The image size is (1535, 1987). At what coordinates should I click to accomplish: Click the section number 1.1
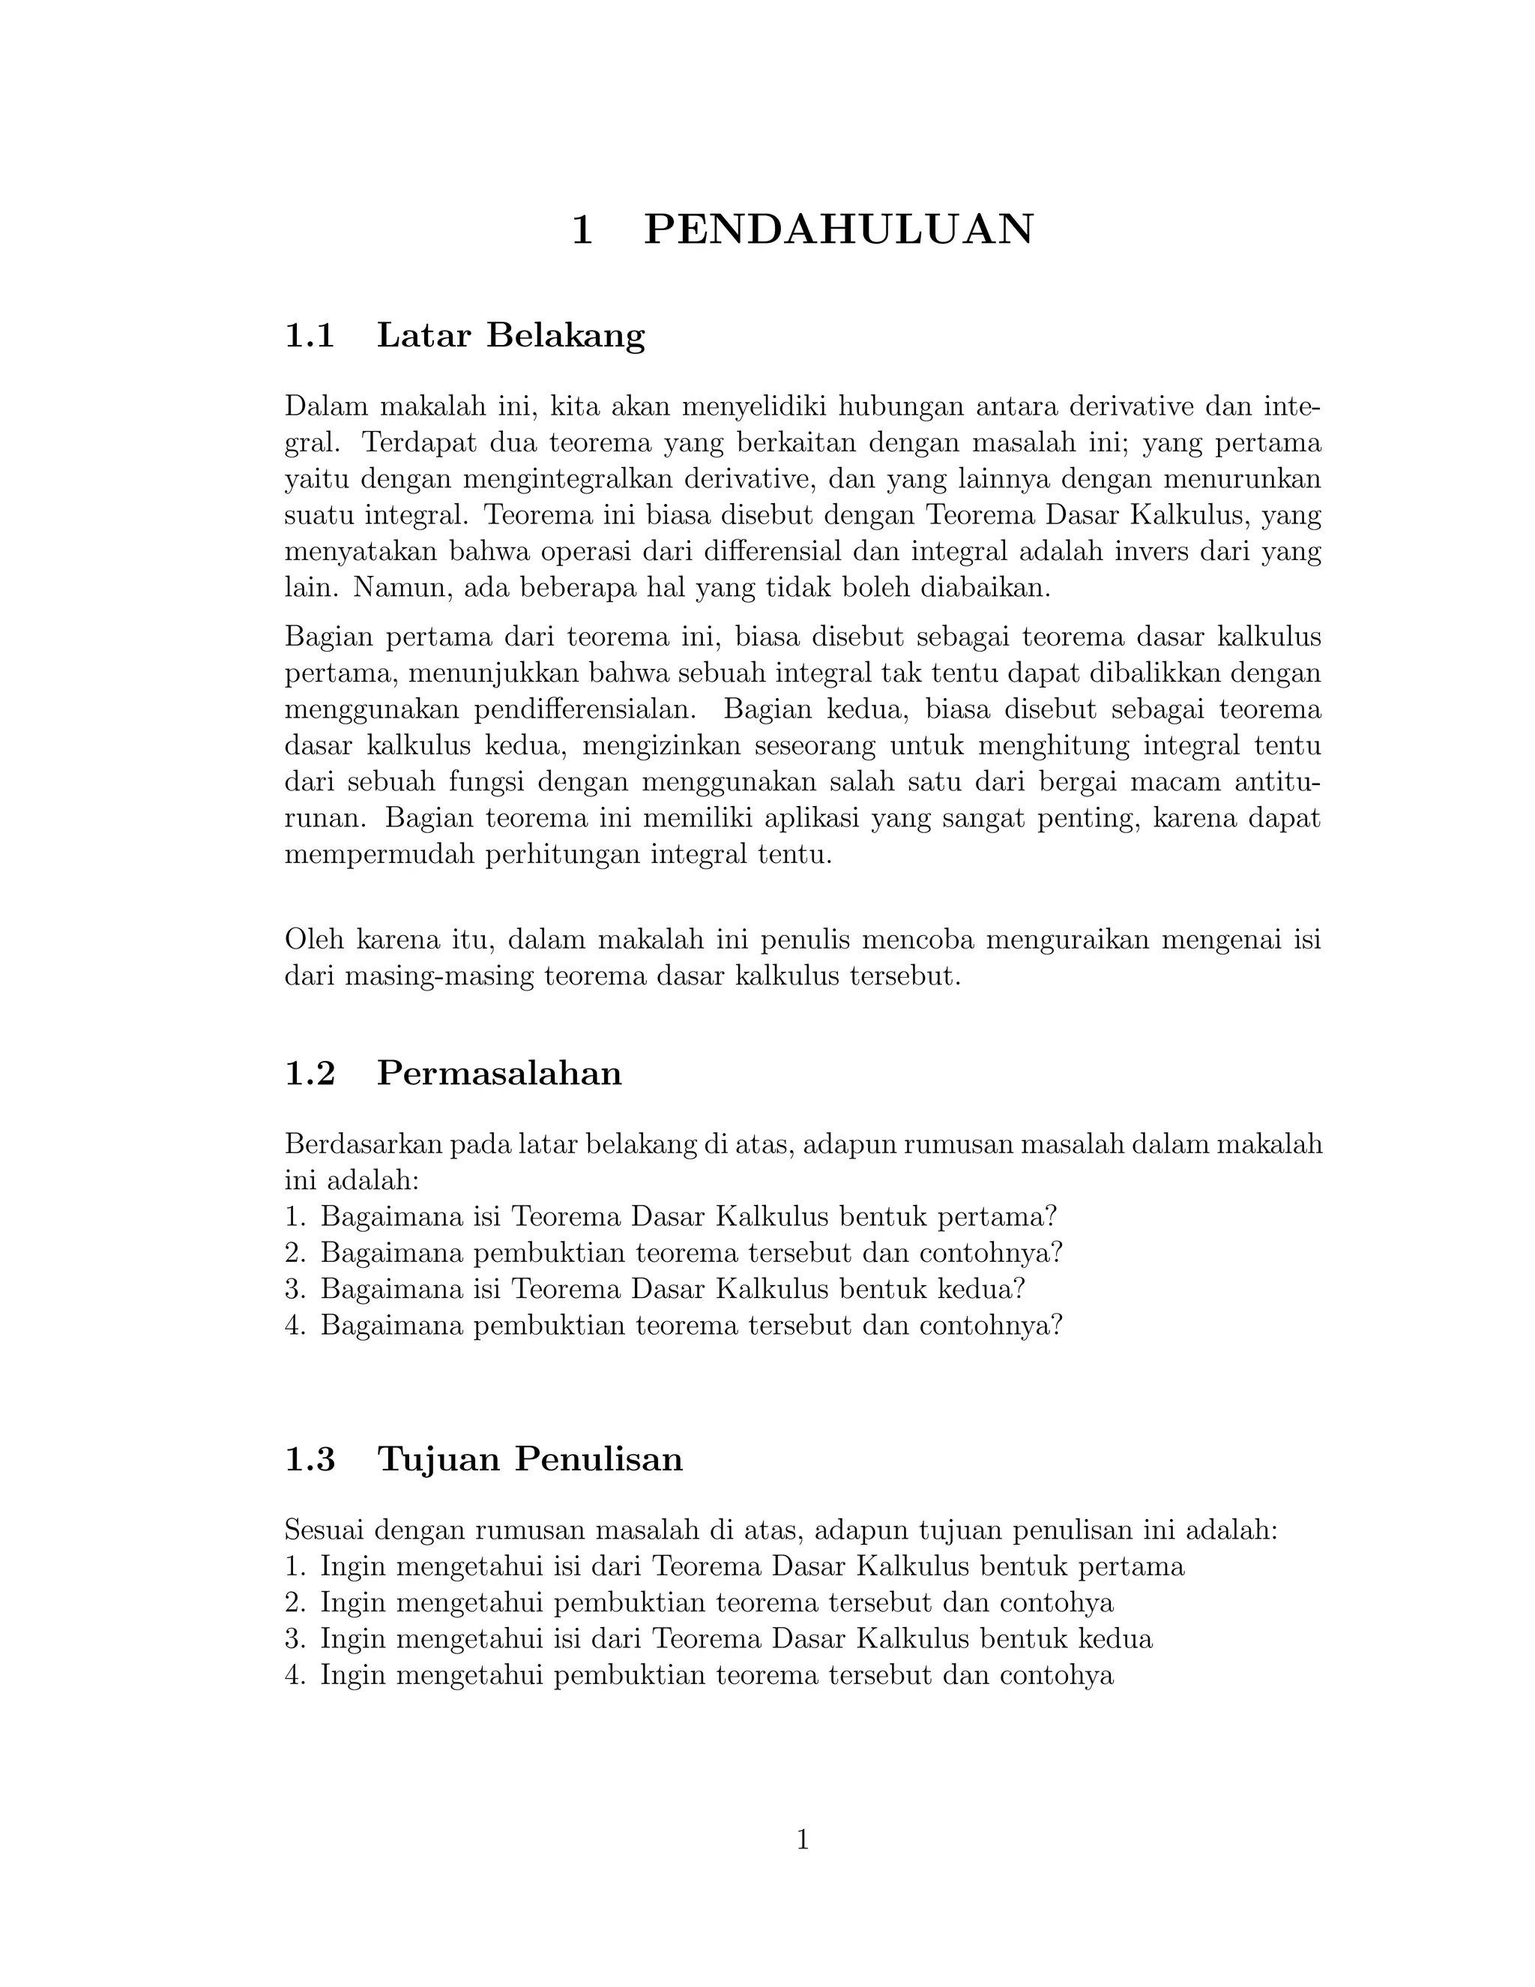pyautogui.click(x=310, y=336)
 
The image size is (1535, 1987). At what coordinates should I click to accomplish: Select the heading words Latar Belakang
pyautogui.click(x=510, y=336)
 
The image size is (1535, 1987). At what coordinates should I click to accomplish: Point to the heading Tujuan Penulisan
pyautogui.click(x=529, y=1458)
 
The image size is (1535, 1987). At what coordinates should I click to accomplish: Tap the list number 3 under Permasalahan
pyautogui.click(x=293, y=1289)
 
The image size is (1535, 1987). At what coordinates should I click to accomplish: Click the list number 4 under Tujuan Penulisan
pyautogui.click(x=293, y=1676)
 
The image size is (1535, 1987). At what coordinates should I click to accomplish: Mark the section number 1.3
pyautogui.click(x=310, y=1458)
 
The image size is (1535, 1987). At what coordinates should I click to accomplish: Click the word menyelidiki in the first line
pyautogui.click(x=755, y=406)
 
